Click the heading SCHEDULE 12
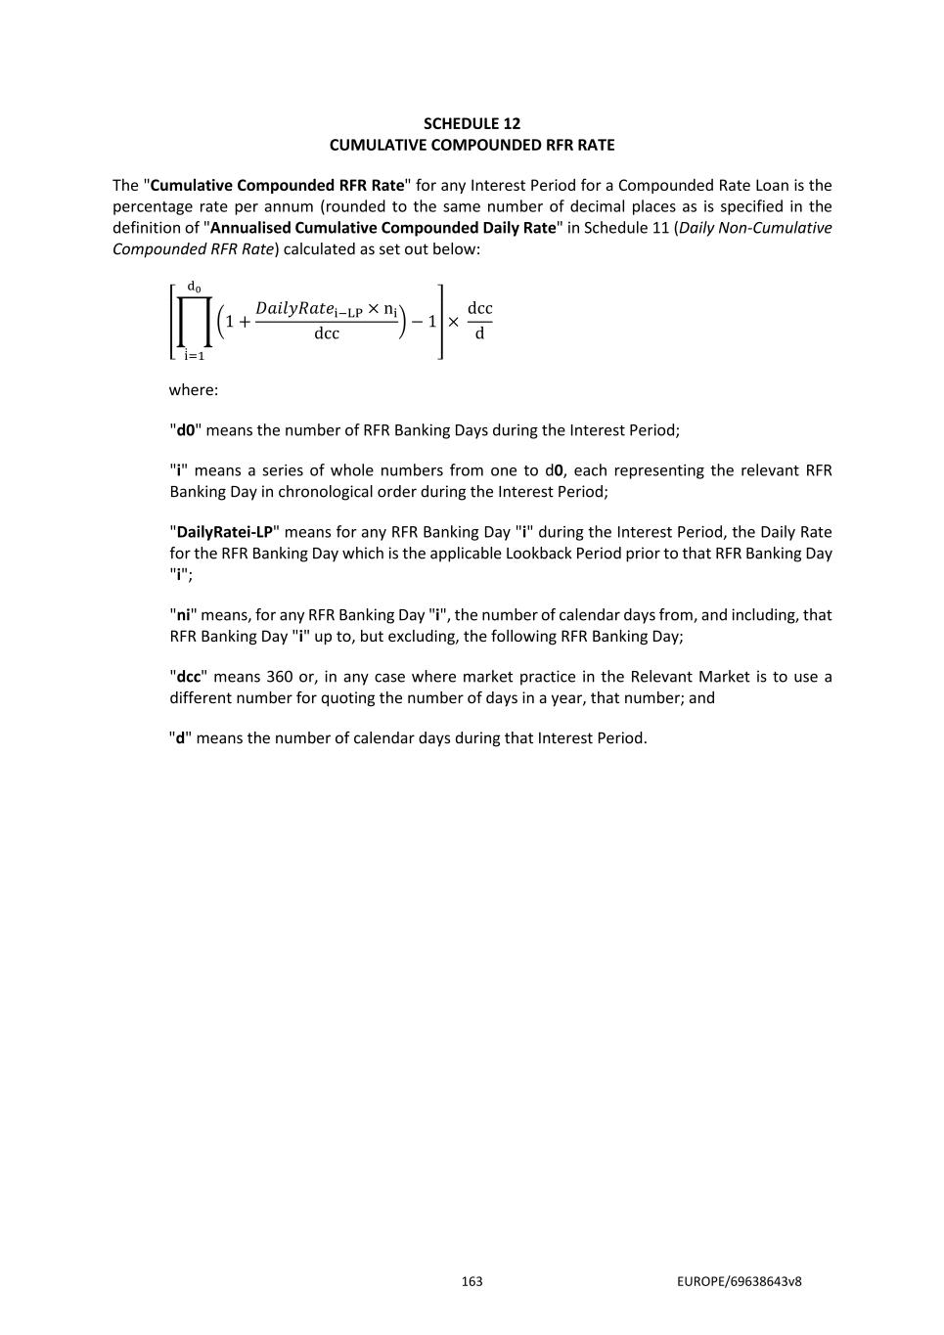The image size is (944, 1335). [472, 123]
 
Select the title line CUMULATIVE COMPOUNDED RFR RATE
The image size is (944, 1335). [472, 145]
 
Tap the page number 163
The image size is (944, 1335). [472, 1281]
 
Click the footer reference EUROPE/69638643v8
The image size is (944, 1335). [739, 1281]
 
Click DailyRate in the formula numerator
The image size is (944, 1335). [293, 309]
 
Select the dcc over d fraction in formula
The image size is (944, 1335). [479, 321]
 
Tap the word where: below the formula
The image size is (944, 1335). [194, 390]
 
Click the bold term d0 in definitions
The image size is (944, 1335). [185, 430]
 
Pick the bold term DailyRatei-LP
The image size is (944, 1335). [224, 532]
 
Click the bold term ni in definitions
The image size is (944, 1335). [183, 615]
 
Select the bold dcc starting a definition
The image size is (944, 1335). [188, 677]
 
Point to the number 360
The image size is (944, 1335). [279, 677]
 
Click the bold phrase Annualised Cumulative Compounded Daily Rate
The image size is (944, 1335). [382, 228]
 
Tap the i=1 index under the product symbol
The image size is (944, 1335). [194, 356]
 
